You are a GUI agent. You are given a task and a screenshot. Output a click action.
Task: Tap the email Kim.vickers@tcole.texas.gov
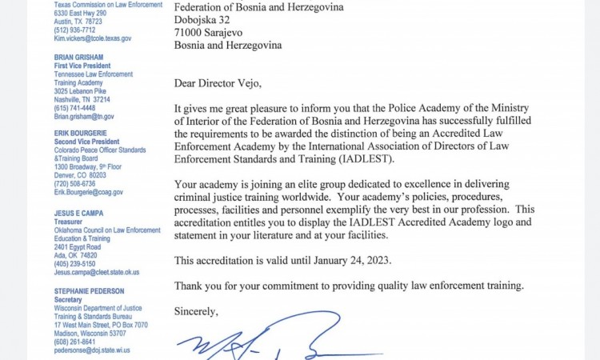tap(93, 38)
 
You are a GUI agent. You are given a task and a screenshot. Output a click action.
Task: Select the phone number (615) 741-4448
tap(74, 108)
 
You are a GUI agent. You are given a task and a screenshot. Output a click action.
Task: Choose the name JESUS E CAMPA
tap(77, 214)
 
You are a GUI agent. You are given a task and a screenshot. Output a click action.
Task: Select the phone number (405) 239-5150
tap(74, 264)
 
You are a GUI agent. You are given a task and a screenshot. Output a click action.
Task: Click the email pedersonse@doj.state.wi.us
tap(92, 350)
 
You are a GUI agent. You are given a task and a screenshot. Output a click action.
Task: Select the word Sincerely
tap(196, 310)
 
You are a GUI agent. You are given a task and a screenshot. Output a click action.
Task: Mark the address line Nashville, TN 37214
tap(82, 99)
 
